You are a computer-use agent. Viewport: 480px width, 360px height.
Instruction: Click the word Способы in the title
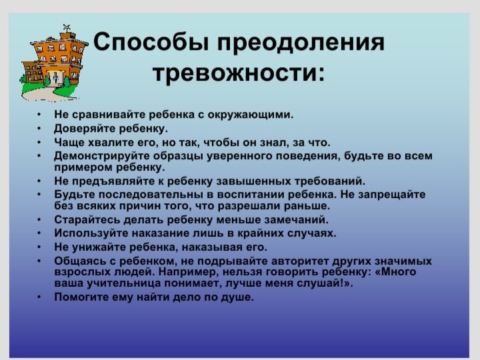pyautogui.click(x=151, y=42)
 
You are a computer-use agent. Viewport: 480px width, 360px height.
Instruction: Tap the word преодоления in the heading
pyautogui.click(x=301, y=43)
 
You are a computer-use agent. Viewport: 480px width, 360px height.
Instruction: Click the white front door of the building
pyautogui.click(x=56, y=78)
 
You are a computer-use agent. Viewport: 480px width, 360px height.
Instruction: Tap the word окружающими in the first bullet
pyautogui.click(x=251, y=115)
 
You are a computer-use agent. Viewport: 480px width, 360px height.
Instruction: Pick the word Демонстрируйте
pyautogui.click(x=102, y=156)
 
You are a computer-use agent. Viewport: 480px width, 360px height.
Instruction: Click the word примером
pyautogui.click(x=83, y=167)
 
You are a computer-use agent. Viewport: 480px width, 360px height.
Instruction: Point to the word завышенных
pyautogui.click(x=254, y=181)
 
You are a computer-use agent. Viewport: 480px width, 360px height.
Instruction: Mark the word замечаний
pyautogui.click(x=296, y=220)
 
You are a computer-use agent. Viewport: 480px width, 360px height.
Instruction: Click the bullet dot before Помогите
pyautogui.click(x=39, y=297)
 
